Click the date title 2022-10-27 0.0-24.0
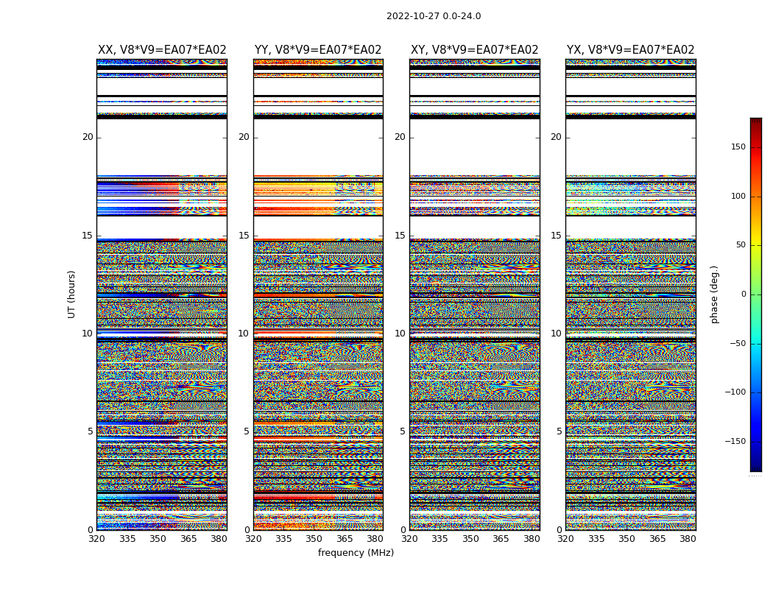[x=434, y=16]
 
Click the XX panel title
[x=162, y=50]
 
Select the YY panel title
[x=318, y=50]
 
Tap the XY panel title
[x=474, y=50]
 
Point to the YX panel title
[x=630, y=50]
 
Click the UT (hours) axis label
[x=72, y=294]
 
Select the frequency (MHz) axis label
[x=356, y=553]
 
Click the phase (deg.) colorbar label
[x=714, y=294]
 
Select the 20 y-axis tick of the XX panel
[x=88, y=137]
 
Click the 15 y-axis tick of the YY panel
[x=244, y=236]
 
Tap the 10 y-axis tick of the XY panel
[x=400, y=334]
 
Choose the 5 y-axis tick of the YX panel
[x=559, y=431]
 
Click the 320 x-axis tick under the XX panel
[x=96, y=539]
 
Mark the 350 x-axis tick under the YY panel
[x=314, y=539]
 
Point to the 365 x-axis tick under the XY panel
[x=501, y=539]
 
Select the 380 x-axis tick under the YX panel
[x=688, y=539]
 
